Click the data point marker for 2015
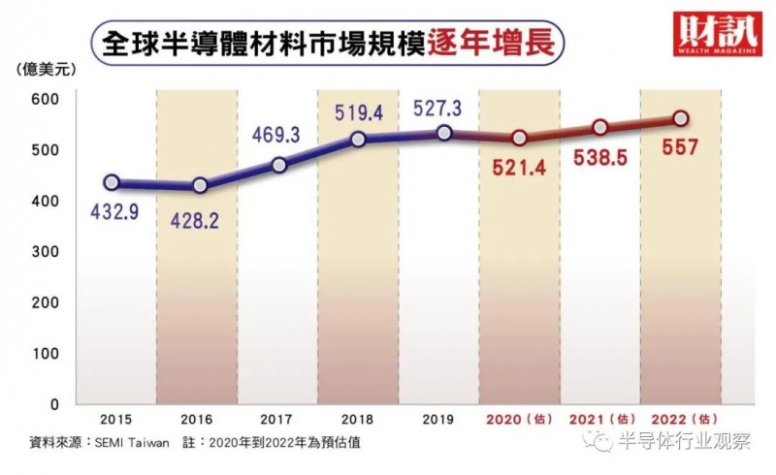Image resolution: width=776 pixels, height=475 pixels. tap(112, 182)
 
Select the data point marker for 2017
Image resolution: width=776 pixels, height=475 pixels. tap(279, 165)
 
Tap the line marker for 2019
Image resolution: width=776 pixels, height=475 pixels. tap(444, 133)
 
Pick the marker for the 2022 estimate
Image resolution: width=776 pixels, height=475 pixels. tap(681, 118)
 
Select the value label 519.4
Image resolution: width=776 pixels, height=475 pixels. tap(358, 114)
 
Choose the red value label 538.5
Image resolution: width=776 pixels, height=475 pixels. tap(600, 160)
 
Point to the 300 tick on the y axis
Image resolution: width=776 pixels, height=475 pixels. tap(46, 251)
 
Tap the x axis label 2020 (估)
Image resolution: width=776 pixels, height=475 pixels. tap(518, 419)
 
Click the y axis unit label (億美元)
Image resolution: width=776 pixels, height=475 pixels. tap(45, 69)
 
